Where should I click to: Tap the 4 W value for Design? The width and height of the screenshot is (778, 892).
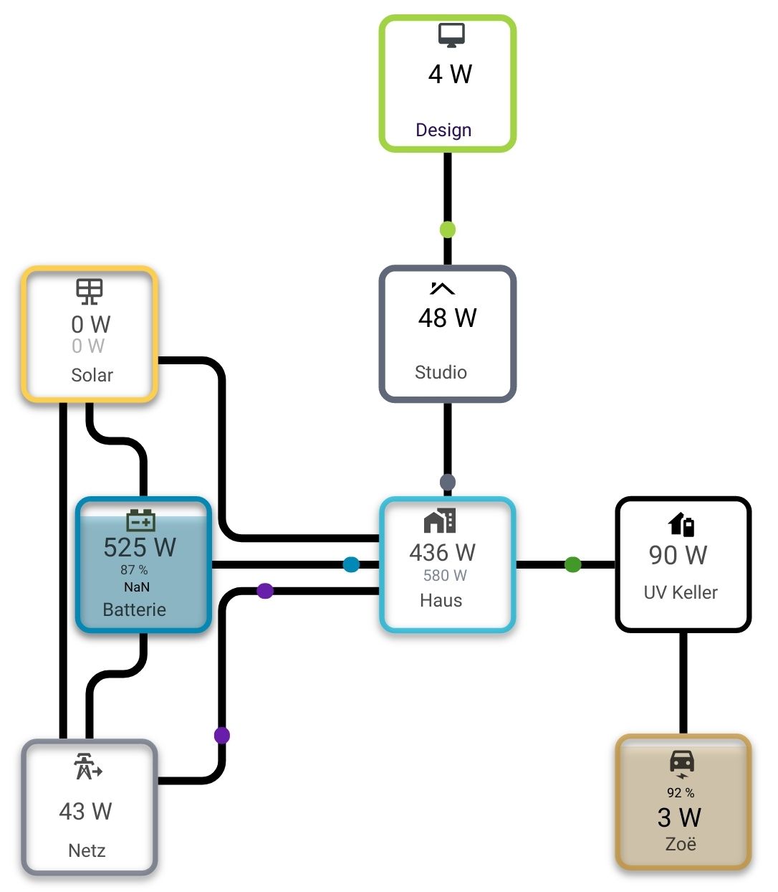click(x=450, y=75)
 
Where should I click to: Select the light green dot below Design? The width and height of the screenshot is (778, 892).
click(x=448, y=230)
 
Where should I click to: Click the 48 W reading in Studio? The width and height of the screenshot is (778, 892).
click(x=448, y=318)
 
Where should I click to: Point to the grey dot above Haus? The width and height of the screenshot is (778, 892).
click(x=448, y=482)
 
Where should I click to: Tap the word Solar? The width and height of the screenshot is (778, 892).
click(x=92, y=375)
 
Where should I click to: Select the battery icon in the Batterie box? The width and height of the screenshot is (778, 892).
click(x=141, y=520)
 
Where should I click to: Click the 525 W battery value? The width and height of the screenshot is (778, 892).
click(x=140, y=548)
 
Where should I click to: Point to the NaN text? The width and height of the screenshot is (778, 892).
click(x=137, y=587)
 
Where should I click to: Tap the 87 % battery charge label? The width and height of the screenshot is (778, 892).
click(x=134, y=570)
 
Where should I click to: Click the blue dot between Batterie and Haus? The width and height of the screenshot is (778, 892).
click(x=351, y=564)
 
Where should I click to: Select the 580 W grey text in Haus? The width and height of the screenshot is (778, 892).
click(x=445, y=575)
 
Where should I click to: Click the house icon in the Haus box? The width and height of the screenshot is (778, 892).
click(x=440, y=521)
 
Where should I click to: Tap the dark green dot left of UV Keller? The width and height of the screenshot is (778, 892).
click(x=572, y=564)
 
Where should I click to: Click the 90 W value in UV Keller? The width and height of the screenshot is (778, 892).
click(x=678, y=555)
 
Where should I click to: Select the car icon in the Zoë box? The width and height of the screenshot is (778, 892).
click(x=682, y=763)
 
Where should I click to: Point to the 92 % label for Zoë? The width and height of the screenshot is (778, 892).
click(x=681, y=793)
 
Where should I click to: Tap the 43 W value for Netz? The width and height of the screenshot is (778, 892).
click(x=85, y=811)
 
